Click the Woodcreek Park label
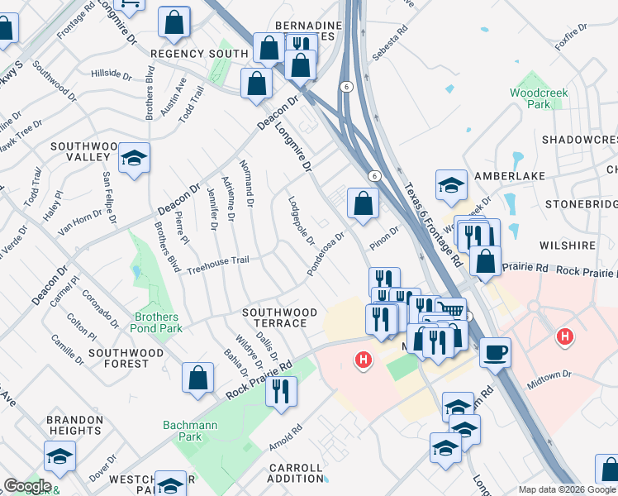pos(539,99)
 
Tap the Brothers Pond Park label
pos(155,322)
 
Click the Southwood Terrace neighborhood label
pos(278,318)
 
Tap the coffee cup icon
pos(495,352)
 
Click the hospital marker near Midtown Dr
pos(565,336)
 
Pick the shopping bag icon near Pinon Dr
pos(364,203)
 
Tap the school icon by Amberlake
pos(451,185)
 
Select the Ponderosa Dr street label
pos(325,255)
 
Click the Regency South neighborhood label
pos(199,53)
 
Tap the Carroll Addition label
pos(296,473)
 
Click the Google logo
pos(26,486)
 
